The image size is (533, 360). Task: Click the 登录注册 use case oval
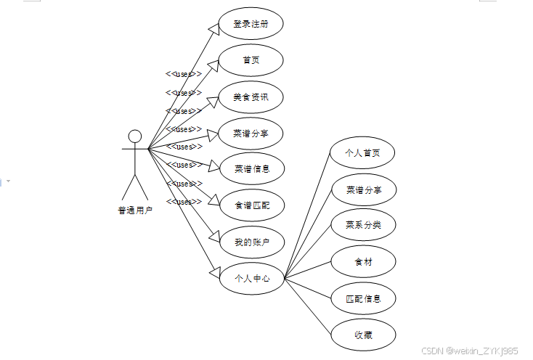point(251,24)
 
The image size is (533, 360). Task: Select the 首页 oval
point(251,60)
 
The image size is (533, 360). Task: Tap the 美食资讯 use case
point(251,97)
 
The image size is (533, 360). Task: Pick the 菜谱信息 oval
point(251,169)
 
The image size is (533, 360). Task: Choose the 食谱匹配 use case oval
point(251,205)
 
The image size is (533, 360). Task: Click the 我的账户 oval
point(251,242)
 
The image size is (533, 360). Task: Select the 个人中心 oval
point(251,278)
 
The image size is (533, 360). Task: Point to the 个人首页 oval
point(363,153)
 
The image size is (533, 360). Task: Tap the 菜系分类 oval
point(363,225)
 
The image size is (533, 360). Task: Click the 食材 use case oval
point(363,261)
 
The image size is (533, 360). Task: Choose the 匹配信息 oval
point(363,298)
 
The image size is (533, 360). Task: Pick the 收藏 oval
point(363,335)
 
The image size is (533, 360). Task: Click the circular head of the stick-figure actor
point(134,136)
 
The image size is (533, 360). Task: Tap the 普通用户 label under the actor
point(135,210)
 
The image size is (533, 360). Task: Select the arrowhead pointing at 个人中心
point(214,271)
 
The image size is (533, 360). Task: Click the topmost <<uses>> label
point(184,74)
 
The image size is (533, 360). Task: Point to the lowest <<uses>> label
point(184,202)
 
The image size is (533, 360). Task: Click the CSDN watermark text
point(470,350)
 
